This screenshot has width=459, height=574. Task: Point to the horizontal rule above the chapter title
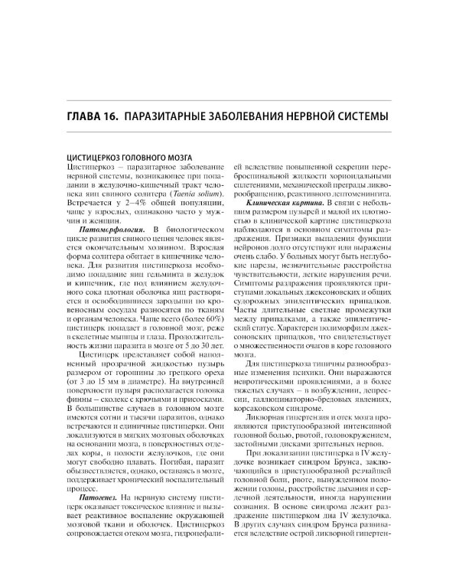pos(229,101)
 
